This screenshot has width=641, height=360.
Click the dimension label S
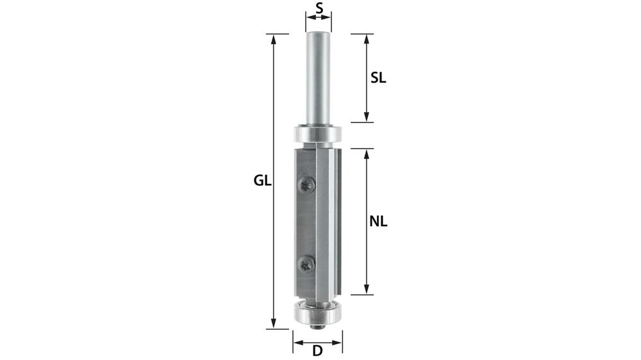318,9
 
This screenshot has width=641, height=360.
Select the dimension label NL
378,222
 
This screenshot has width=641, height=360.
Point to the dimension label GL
262,181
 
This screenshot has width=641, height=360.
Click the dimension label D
317,350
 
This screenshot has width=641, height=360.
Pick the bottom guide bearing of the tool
317,313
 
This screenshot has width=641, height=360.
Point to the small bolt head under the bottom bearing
317,326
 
